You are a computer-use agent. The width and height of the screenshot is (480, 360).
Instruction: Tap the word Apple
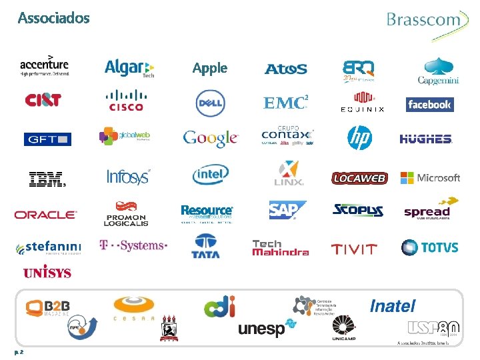tap(210, 68)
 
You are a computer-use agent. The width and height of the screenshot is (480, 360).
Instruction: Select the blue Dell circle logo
tap(210, 103)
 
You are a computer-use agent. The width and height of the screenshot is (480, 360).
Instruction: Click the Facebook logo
tap(429, 105)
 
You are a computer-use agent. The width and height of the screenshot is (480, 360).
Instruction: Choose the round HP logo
tap(359, 138)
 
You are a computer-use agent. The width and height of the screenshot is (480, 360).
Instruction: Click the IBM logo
tap(47, 178)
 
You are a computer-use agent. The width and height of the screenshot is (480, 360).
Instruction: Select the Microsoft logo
tap(430, 178)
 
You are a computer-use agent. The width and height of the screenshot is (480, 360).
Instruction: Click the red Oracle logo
tap(45, 215)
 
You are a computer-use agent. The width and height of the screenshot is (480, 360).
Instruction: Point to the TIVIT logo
tap(354, 249)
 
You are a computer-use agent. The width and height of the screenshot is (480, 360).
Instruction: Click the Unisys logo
tap(47, 273)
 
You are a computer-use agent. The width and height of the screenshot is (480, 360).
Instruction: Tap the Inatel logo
tap(393, 306)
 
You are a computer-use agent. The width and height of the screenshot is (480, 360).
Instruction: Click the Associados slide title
tap(53, 18)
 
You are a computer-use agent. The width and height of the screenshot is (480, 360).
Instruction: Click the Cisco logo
tap(126, 101)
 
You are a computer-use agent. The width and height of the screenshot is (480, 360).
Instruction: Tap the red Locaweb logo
tap(359, 178)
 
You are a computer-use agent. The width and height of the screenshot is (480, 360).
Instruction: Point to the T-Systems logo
tap(133, 245)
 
